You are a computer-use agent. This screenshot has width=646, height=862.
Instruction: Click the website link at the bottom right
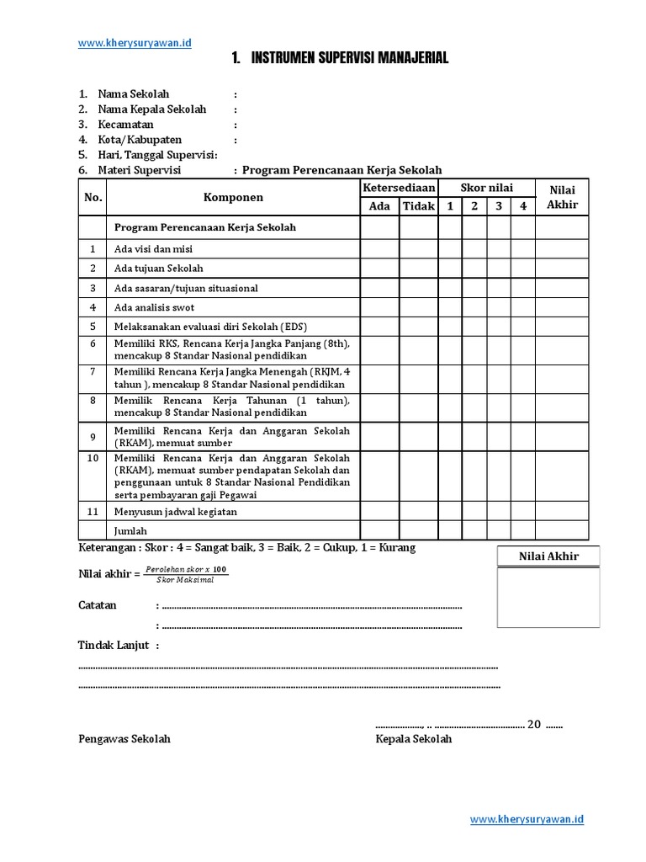pos(527,819)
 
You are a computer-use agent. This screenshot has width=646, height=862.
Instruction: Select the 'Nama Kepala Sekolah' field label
pos(151,109)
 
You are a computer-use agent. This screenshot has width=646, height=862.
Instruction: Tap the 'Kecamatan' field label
pos(126,125)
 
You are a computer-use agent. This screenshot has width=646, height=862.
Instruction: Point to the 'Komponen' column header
pos(233,197)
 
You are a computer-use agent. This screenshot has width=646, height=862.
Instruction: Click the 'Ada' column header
pos(379,206)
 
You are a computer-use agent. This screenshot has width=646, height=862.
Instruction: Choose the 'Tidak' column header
pos(418,206)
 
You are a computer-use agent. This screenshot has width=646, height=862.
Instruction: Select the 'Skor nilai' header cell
pos(487,188)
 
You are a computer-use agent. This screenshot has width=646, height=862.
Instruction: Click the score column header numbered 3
pos(498,206)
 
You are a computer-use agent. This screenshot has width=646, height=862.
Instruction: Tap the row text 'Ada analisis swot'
pos(154,307)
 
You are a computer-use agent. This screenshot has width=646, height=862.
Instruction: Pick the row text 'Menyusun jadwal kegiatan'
pos(176,511)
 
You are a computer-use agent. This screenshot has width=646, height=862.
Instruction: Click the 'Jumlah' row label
pos(130,530)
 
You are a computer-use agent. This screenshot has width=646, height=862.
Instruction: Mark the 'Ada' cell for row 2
pos(379,268)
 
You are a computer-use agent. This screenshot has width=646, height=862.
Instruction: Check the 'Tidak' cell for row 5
pos(418,327)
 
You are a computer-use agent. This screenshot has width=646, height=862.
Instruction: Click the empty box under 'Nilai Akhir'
pos(548,598)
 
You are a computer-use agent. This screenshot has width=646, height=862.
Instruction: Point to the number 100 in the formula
pos(220,570)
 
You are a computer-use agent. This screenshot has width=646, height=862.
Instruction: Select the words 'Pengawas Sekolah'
pos(124,739)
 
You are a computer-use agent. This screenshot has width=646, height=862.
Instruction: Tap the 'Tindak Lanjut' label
pos(114,645)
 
